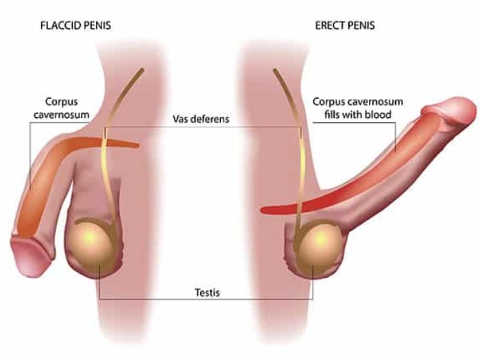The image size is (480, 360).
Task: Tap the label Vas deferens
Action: (x=201, y=119)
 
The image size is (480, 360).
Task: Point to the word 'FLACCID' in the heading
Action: (x=57, y=26)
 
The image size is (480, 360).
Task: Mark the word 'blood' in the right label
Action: (x=379, y=115)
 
